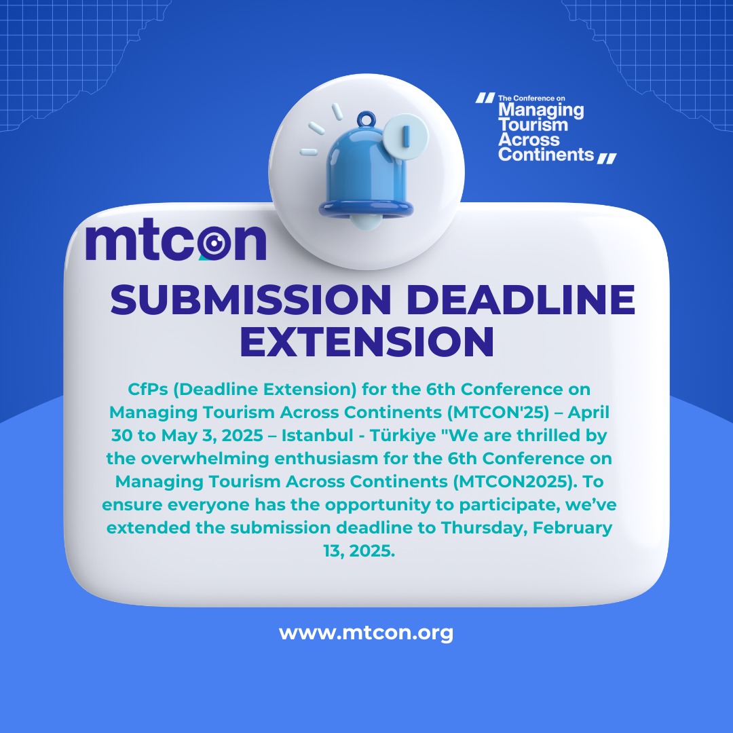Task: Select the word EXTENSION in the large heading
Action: coord(366,341)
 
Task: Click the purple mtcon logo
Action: coord(176,242)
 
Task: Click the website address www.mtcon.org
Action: coord(366,634)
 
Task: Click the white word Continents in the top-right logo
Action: coord(546,154)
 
